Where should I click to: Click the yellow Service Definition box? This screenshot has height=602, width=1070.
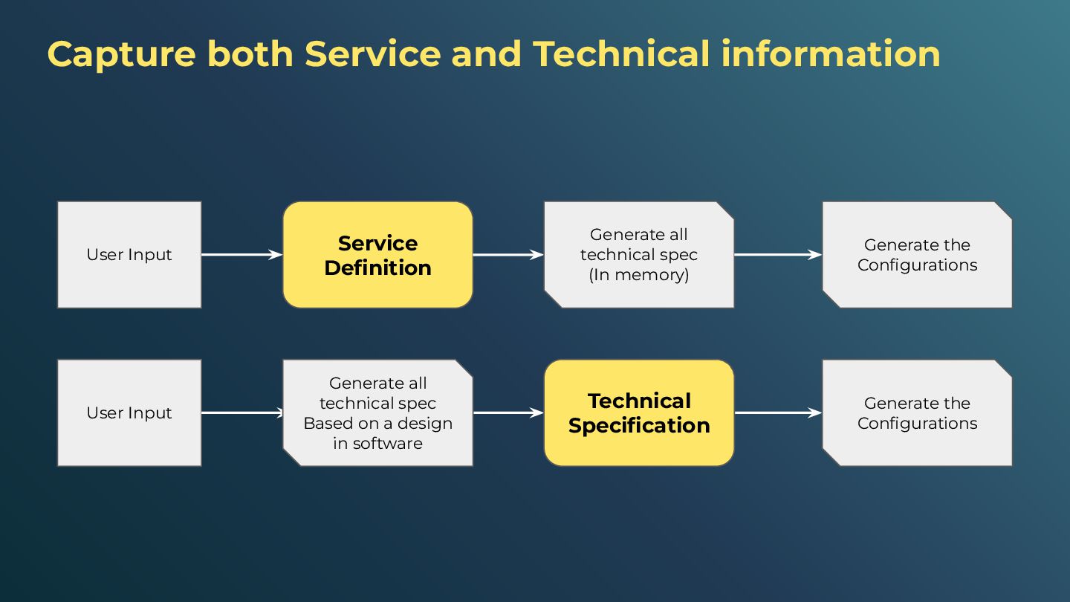click(377, 255)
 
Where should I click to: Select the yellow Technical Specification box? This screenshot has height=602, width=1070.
click(639, 413)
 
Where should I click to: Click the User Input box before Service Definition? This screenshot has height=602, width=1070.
click(129, 255)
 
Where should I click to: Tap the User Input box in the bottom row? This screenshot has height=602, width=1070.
click(129, 413)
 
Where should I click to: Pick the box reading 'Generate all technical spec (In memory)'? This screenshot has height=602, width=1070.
click(639, 255)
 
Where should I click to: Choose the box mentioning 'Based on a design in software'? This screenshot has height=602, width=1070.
click(377, 413)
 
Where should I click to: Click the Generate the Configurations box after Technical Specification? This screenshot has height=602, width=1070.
click(917, 413)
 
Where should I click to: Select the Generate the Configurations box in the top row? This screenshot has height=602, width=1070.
click(917, 255)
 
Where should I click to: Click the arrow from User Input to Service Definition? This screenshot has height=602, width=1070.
click(241, 255)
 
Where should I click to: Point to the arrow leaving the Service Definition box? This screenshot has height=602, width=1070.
click(508, 255)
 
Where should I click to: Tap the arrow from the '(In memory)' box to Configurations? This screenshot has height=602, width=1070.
click(778, 255)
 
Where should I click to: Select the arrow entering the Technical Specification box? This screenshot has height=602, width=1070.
click(508, 413)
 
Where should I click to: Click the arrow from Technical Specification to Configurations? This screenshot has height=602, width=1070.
click(778, 413)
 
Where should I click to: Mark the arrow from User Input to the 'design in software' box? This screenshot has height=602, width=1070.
click(241, 413)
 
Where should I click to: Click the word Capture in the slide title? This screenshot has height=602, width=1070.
click(121, 55)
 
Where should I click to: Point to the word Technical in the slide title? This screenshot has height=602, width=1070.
click(621, 55)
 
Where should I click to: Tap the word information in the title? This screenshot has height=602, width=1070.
click(831, 55)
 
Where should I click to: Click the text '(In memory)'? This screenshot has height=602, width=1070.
click(639, 275)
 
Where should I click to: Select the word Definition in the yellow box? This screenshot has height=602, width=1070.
click(377, 268)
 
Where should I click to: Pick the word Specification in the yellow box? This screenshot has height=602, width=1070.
click(639, 426)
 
